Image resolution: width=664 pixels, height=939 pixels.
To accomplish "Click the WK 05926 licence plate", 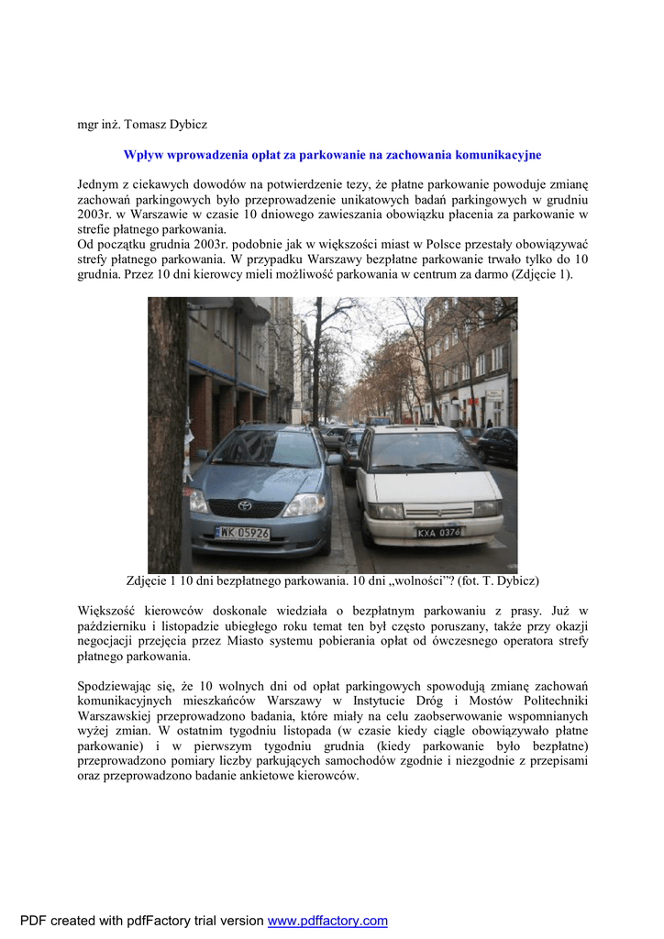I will coord(243,532).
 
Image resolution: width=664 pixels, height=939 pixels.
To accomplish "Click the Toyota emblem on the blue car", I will coord(245,503).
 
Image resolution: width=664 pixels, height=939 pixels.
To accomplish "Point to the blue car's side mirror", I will coord(334,458).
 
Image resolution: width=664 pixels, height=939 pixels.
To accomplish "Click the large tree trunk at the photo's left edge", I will coord(168,431).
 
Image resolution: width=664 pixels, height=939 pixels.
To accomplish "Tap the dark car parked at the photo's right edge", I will coord(497,446).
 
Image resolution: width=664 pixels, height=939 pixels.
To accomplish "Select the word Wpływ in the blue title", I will coord(142,155).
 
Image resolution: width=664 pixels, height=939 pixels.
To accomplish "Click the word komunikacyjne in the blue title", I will coord(498,155).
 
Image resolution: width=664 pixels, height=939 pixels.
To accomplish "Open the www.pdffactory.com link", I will coord(327,921).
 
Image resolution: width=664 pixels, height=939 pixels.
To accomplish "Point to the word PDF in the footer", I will coord(33,921).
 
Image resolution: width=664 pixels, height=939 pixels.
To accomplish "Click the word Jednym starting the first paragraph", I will coord(98,185).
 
